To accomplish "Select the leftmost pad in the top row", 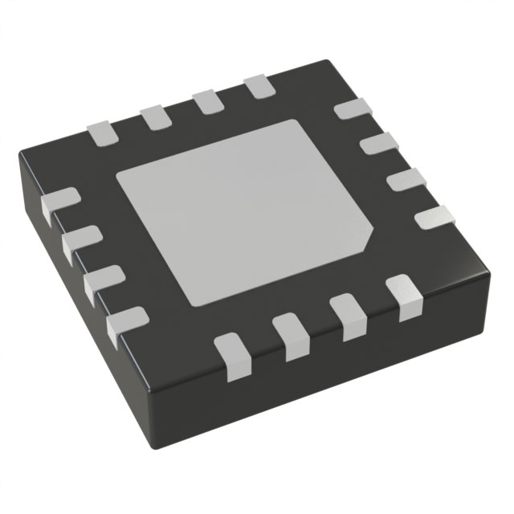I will click(103, 132).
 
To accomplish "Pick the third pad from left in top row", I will click(206, 101).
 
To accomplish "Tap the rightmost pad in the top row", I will click(259, 87).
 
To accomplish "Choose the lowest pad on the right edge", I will click(434, 217).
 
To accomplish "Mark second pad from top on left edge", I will click(80, 243).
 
